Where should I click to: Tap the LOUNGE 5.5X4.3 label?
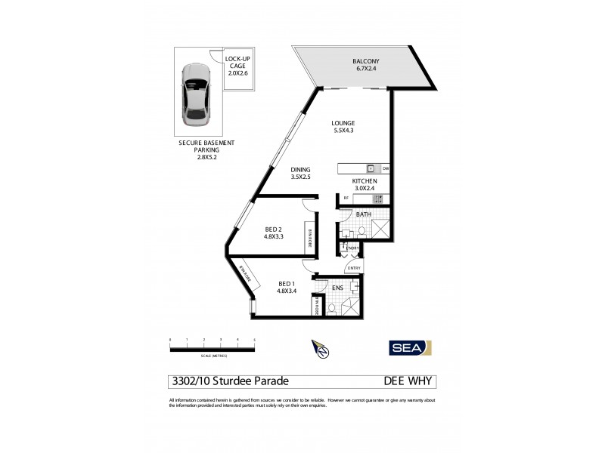(x=344, y=128)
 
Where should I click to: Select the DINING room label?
(x=301, y=174)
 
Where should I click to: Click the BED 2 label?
(x=275, y=233)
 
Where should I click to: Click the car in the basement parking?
(x=196, y=97)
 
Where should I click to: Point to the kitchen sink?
(x=371, y=168)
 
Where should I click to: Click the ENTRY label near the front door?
(x=355, y=268)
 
